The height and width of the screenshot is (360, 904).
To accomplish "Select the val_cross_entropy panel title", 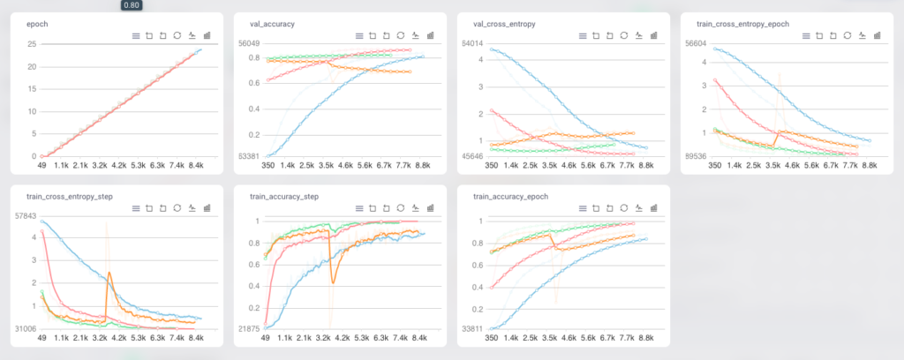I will tap(499, 24).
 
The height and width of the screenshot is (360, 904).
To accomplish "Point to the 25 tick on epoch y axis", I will tap(32, 44).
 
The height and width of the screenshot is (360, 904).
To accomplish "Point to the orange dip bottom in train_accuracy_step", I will tap(334, 281).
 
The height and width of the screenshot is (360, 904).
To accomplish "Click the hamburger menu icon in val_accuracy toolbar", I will tap(358, 36).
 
